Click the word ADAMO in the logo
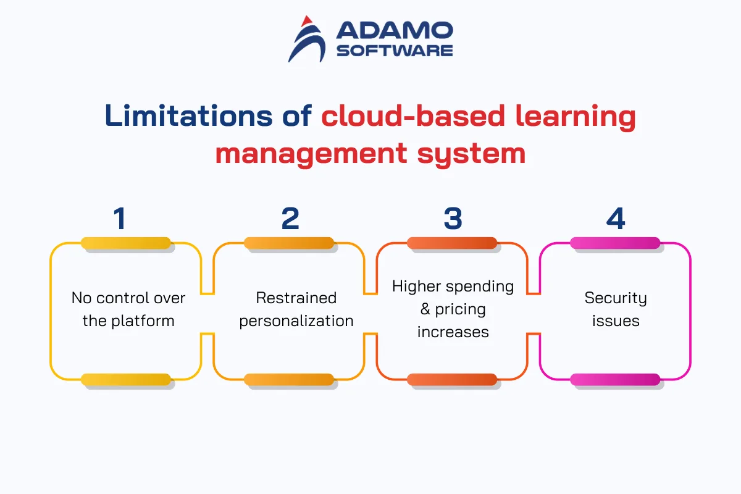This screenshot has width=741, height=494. [x=395, y=30]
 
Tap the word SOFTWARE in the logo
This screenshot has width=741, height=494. [x=395, y=51]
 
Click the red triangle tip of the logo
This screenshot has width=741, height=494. [x=307, y=21]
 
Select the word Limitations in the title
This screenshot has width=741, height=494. [x=188, y=116]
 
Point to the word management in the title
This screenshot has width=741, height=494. [x=311, y=154]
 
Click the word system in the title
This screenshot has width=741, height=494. [x=471, y=154]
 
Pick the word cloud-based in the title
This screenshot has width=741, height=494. [x=413, y=116]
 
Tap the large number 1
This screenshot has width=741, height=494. [x=120, y=219]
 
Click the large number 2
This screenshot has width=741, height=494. [x=290, y=219]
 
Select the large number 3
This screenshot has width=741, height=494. [x=453, y=219]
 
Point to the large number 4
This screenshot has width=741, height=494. [x=616, y=219]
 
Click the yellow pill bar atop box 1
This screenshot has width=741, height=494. [x=126, y=243]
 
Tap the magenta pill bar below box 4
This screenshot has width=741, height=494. [x=615, y=380]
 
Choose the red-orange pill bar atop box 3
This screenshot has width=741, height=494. [x=452, y=243]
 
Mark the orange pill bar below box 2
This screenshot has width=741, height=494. [x=289, y=380]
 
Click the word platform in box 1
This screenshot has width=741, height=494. [x=143, y=321]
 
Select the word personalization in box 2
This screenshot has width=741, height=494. [x=296, y=321]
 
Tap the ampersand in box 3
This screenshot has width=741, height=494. [x=425, y=309]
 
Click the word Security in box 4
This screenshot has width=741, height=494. [x=616, y=298]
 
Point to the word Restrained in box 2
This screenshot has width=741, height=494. [x=296, y=298]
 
